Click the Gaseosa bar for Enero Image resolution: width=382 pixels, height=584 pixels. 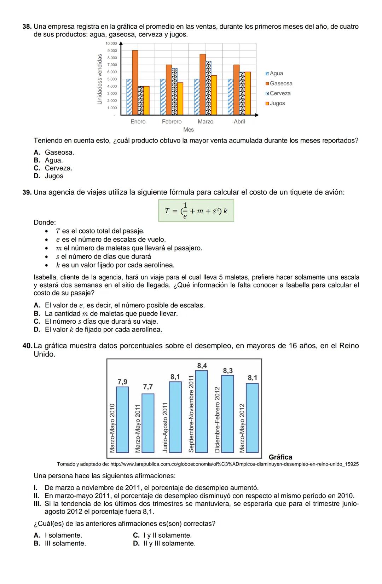135,82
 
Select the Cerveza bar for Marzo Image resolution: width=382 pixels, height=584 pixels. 208,88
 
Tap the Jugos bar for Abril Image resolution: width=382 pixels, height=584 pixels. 248,93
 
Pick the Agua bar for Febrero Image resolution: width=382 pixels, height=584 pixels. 163,97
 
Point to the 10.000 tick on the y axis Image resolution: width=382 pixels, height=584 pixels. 111,43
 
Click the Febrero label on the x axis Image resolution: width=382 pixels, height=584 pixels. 172,122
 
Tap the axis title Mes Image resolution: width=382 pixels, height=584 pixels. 189,130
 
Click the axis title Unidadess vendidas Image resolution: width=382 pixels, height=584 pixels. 100,79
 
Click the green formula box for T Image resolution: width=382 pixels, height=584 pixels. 196,211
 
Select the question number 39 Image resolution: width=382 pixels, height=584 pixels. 27,192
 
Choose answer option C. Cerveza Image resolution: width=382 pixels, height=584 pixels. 53,168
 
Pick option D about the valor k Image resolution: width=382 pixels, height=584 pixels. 98,330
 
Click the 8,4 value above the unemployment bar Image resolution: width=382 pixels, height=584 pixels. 202,365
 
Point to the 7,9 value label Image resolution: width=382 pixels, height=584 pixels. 122,382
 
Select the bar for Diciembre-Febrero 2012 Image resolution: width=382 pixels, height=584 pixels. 227,414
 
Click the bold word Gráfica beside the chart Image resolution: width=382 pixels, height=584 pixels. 280,457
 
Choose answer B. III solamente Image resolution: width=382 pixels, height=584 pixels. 60,543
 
